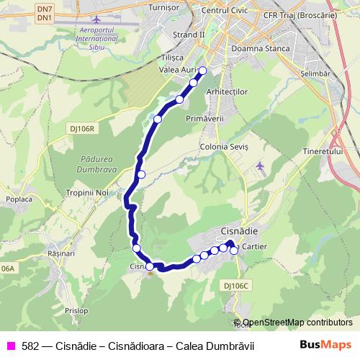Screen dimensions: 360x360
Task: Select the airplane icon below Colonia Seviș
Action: coord(260,167)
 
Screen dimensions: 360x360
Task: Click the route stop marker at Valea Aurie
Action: coord(202,71)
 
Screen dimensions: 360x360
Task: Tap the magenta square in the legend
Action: coord(10,346)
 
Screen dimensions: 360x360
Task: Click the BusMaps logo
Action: coord(325,345)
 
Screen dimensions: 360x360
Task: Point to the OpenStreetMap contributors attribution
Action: coord(297,323)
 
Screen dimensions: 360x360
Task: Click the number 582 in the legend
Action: coord(30,346)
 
